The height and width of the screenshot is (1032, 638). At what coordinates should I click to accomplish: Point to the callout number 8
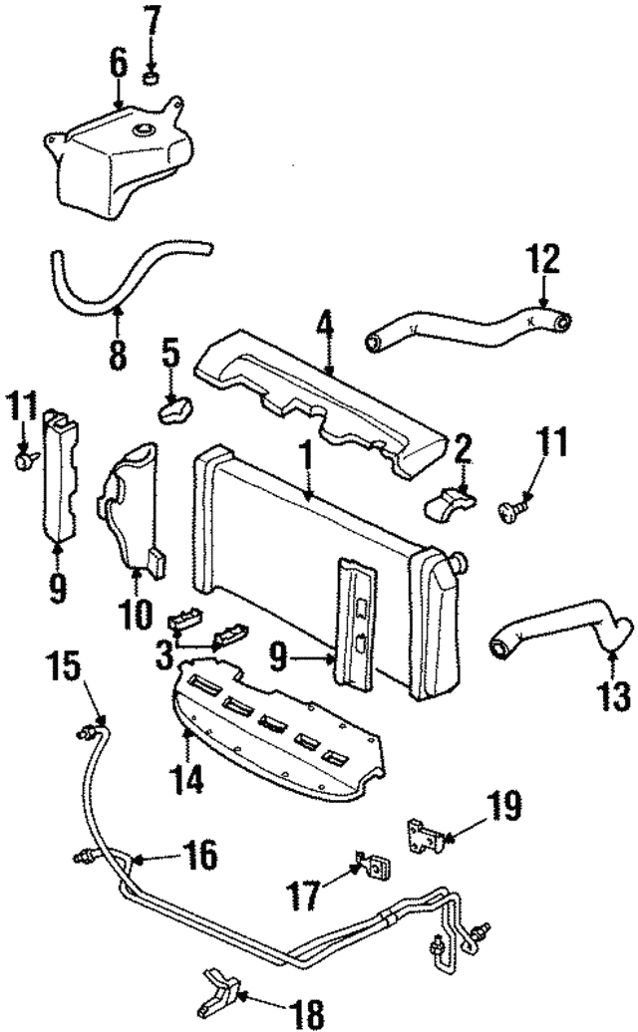click(118, 354)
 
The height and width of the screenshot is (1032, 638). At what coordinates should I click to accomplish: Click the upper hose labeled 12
click(469, 329)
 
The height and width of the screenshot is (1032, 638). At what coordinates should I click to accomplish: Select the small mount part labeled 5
click(176, 407)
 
